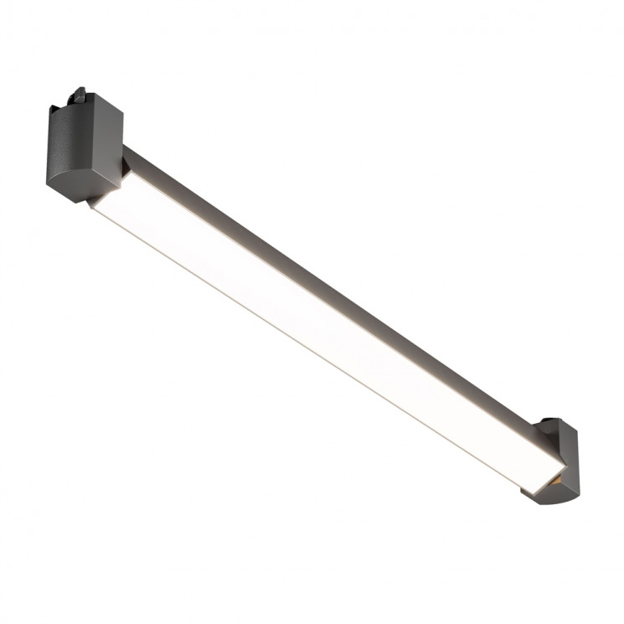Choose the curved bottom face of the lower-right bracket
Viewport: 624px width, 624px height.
(553, 494)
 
